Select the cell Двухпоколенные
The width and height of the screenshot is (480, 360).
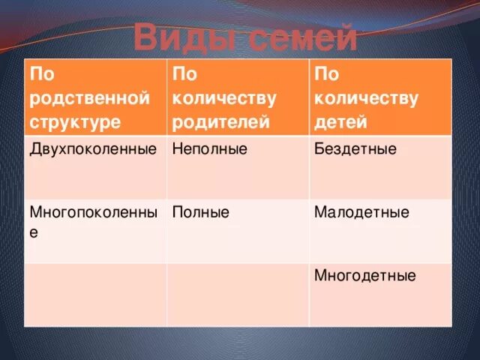click(93, 148)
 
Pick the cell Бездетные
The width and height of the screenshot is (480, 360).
click(355, 148)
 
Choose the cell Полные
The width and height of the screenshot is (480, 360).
click(200, 212)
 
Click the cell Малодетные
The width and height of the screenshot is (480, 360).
click(361, 212)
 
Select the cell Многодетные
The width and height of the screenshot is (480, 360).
click(364, 275)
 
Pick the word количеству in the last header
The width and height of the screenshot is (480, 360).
click(367, 97)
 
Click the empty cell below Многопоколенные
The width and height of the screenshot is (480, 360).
click(95, 294)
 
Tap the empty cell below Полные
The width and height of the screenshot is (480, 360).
click(237, 294)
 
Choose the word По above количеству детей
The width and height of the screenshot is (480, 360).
click(326, 74)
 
